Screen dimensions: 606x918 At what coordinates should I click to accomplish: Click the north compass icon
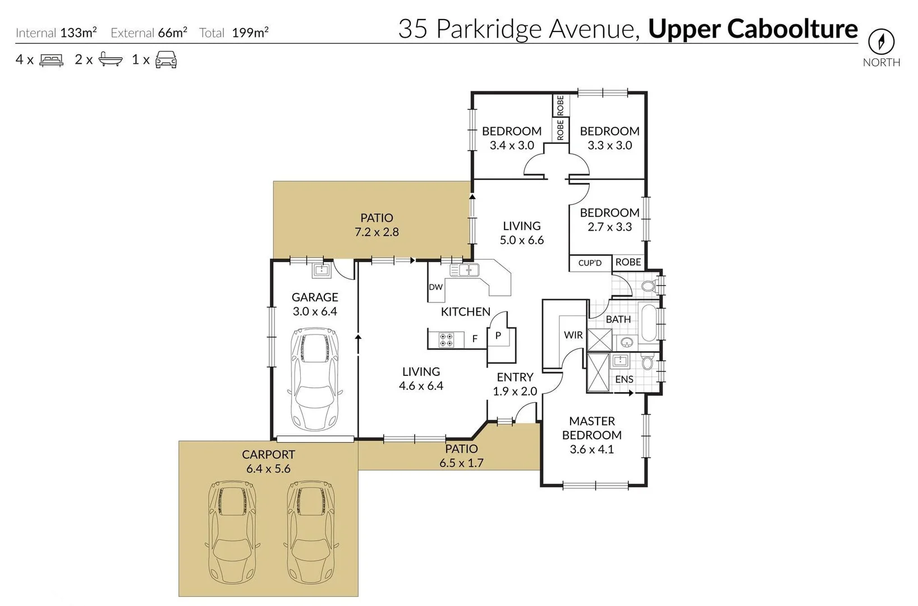tap(881, 42)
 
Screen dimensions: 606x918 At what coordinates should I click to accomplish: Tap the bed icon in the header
tap(52, 60)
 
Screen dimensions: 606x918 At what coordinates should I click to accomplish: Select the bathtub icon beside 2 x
tap(110, 59)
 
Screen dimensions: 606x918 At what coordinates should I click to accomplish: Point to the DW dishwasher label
tap(435, 287)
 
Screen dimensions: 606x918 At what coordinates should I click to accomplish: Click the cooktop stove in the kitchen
tap(447, 339)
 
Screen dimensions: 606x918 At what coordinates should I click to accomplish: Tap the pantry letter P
tap(498, 336)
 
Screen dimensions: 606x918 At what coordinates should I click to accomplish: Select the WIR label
tap(573, 335)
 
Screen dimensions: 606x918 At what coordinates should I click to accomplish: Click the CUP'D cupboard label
tap(590, 263)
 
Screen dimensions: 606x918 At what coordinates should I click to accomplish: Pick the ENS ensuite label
tap(624, 379)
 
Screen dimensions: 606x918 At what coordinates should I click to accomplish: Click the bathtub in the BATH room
tap(648, 323)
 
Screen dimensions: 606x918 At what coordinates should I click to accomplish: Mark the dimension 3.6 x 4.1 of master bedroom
tap(591, 449)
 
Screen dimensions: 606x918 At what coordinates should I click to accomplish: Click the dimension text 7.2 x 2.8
tap(377, 232)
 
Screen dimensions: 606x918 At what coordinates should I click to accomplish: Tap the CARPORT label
tap(268, 454)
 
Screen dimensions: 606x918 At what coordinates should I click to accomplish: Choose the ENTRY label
tap(515, 377)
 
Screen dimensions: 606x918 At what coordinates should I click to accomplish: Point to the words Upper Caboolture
tap(752, 29)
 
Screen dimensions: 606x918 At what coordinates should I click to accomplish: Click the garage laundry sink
tap(321, 271)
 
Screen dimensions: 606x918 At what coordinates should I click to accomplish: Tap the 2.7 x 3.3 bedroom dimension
tap(609, 227)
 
